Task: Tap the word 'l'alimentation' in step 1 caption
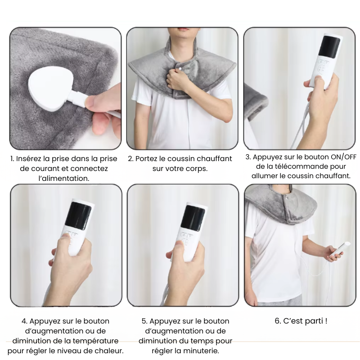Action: pos(63,178)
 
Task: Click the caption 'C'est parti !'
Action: pos(301,321)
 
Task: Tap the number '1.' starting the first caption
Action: pos(13,159)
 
